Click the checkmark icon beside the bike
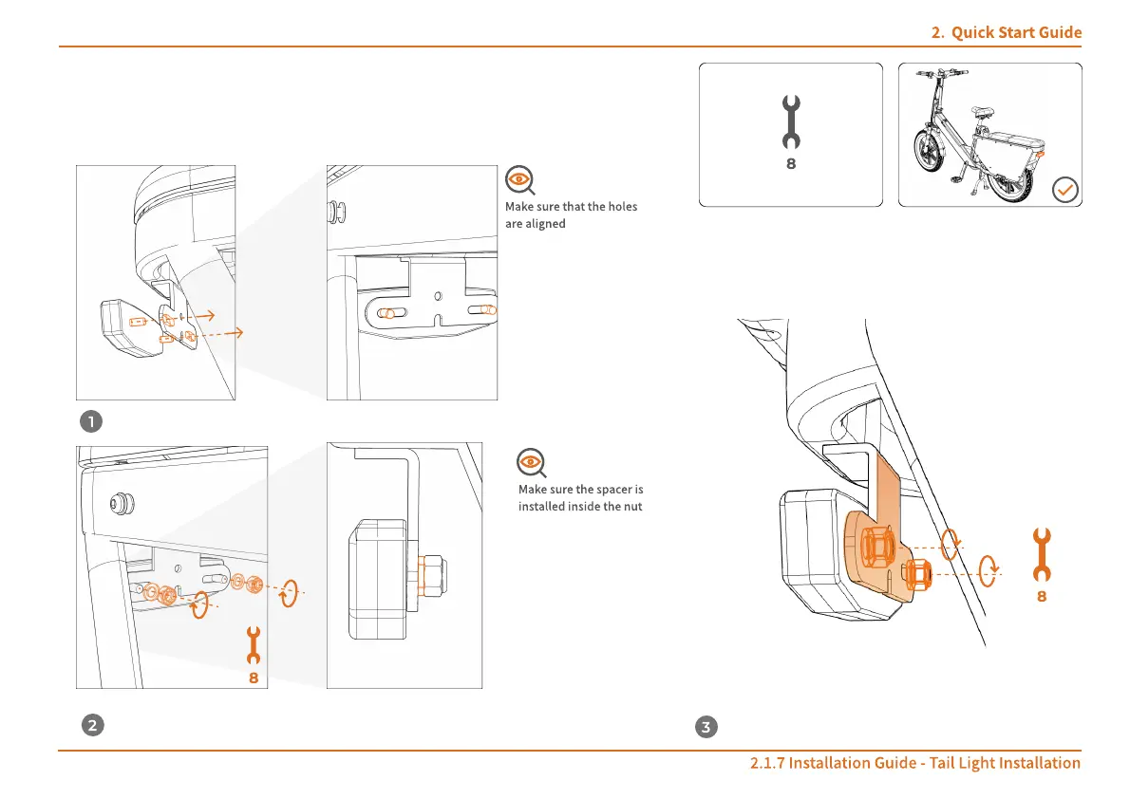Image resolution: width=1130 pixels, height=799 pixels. pos(1065,191)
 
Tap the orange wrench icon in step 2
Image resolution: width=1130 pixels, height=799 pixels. pos(253,645)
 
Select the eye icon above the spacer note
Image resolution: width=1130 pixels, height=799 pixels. pos(531,463)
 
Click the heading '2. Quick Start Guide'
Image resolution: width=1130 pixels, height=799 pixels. pos(1006,33)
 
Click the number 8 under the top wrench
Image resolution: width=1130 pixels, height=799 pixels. pos(790,163)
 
